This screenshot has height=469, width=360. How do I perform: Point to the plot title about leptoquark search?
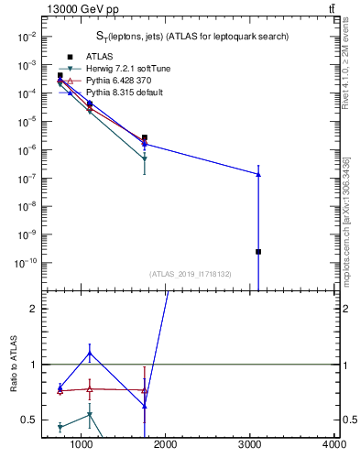(192, 36)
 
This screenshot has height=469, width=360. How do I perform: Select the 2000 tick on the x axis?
(166, 445)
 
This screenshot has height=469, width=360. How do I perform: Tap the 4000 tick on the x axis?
(333, 445)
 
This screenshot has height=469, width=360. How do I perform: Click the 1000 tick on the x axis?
(82, 445)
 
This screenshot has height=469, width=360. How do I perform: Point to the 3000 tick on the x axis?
(250, 445)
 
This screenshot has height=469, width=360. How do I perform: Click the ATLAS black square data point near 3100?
(258, 251)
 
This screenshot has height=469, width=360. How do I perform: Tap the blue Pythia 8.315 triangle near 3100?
(258, 174)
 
